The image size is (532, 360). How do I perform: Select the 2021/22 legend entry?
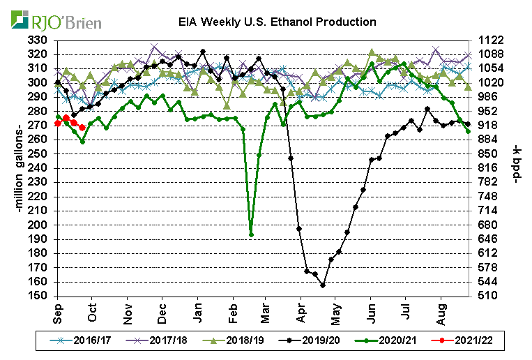[457, 343]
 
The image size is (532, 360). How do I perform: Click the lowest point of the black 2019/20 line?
[323, 285]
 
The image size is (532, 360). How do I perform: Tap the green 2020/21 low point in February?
[251, 234]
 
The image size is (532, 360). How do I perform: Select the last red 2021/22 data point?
[83, 127]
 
